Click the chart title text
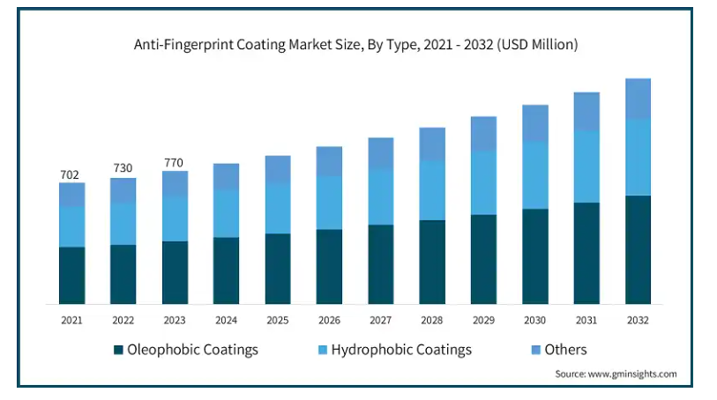point(355,43)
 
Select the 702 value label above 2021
point(70,174)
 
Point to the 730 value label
point(123,168)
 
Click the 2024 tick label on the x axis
point(226,319)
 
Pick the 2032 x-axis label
point(638,319)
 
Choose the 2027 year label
point(380,319)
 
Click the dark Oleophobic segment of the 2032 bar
point(638,249)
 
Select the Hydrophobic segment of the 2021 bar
point(71,226)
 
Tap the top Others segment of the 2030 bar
point(534,123)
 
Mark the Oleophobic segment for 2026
point(329,266)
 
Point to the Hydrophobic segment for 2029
point(483,182)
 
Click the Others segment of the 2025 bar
point(278,169)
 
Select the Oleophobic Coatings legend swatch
point(118,351)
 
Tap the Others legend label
point(565,350)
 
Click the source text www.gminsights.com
point(616,374)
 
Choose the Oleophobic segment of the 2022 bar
point(123,274)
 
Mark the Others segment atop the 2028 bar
point(432,144)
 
